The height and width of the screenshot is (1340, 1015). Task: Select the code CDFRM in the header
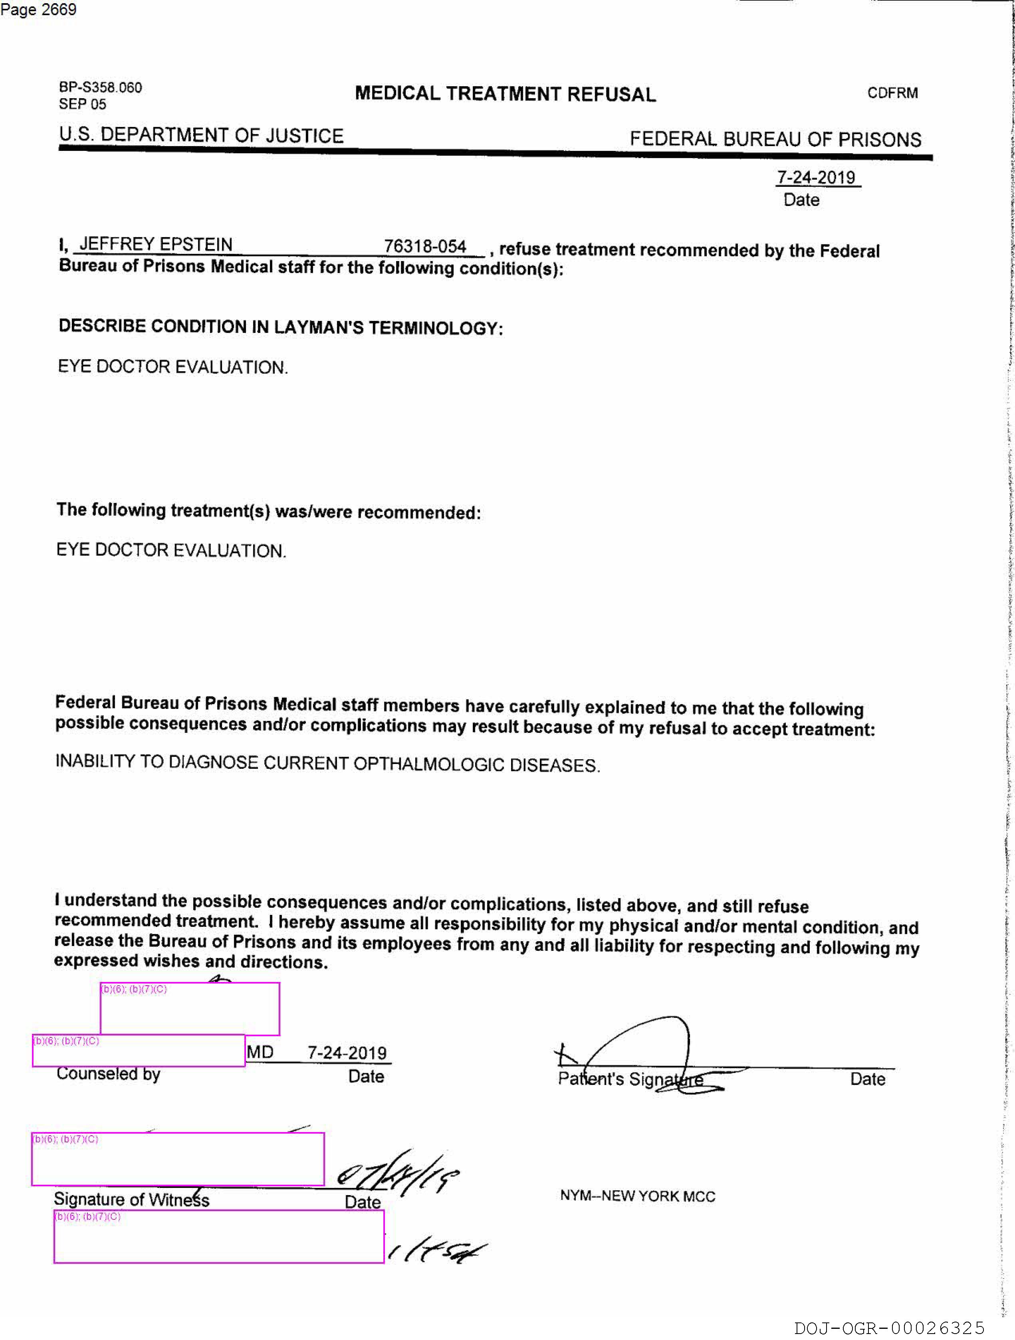click(x=892, y=93)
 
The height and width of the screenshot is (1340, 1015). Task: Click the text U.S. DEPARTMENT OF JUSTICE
click(x=201, y=135)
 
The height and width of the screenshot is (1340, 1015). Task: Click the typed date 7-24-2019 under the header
click(x=816, y=178)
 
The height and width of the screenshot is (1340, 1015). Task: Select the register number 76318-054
click(x=425, y=247)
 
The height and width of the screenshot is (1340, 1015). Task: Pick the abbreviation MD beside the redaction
click(x=260, y=1052)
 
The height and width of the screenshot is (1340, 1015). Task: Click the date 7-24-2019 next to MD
click(x=347, y=1053)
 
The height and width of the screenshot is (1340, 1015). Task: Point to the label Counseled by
click(x=109, y=1074)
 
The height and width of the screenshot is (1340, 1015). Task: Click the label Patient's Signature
click(x=630, y=1079)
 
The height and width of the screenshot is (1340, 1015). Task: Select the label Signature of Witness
click(x=131, y=1199)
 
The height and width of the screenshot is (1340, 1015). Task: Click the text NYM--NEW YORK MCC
click(x=638, y=1196)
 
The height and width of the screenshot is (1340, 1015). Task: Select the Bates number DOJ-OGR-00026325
click(x=890, y=1328)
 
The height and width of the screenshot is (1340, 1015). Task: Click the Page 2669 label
click(x=39, y=10)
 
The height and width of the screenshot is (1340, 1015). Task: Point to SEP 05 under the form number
click(x=82, y=104)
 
